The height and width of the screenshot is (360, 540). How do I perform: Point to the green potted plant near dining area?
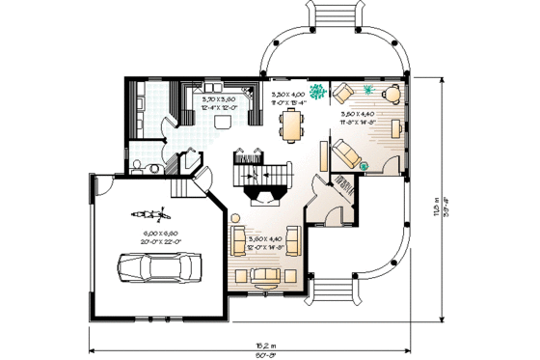coord(316,93)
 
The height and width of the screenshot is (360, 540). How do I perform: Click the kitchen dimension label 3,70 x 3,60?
coord(221,102)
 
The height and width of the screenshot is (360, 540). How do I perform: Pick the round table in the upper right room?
coord(391,95)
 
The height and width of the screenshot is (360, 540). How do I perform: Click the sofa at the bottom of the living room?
coord(265,277)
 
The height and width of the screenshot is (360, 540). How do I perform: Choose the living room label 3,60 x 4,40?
coord(266,242)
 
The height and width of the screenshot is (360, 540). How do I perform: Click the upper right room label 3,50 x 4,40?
coord(359,118)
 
